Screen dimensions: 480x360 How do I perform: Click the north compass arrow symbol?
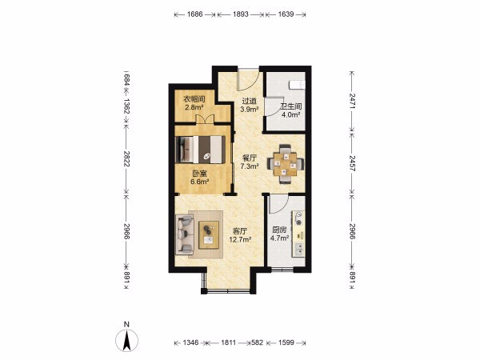tap(126, 340)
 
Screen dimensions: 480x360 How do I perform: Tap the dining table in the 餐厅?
tap(286, 164)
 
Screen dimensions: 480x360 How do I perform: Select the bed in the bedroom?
tap(200, 150)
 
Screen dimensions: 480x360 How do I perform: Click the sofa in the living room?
tap(185, 234)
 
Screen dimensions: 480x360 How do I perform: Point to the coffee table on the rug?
tap(209, 234)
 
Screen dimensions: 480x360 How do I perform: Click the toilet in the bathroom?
tap(298, 85)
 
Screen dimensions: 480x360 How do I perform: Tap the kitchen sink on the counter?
tap(298, 249)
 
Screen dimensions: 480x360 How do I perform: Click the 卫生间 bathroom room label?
tap(291, 106)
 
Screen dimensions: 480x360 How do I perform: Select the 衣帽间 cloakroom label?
tap(194, 99)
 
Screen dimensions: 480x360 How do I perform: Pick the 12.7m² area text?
tap(240, 239)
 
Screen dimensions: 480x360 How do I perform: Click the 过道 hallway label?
tap(249, 101)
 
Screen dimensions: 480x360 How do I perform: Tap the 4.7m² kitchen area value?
tap(279, 238)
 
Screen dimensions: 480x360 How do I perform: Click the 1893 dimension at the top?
tap(241, 14)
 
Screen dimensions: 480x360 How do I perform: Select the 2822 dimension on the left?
tap(126, 158)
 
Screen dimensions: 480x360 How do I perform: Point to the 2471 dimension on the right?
tap(352, 101)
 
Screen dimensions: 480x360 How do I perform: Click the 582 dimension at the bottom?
tap(257, 342)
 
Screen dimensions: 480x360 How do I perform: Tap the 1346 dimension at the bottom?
tap(190, 342)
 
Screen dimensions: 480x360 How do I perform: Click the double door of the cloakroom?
tap(205, 119)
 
